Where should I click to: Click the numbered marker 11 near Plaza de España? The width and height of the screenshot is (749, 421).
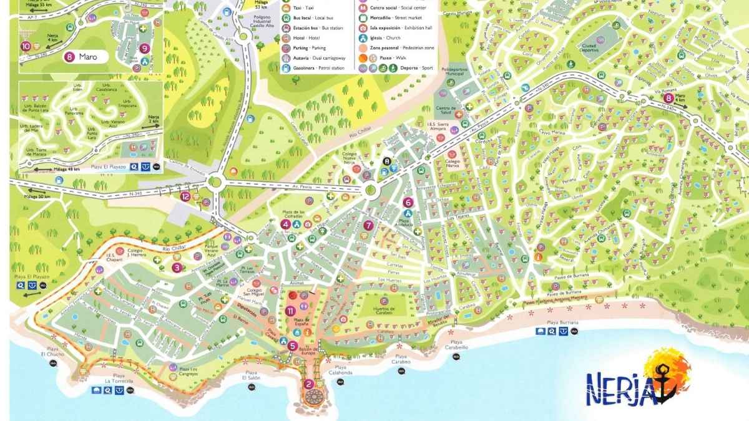tap(290, 311)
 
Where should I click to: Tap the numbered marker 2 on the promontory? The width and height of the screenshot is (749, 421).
tap(308, 384)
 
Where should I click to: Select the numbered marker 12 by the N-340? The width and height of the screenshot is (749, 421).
tap(185, 196)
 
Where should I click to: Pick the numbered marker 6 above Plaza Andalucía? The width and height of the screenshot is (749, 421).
tap(408, 202)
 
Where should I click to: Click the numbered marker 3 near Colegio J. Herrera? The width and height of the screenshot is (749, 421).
tap(177, 268)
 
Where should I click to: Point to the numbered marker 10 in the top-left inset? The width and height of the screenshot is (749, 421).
tap(26, 46)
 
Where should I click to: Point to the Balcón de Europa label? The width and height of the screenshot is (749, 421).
tap(306, 352)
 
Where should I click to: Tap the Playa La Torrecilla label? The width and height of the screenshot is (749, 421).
tap(119, 380)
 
